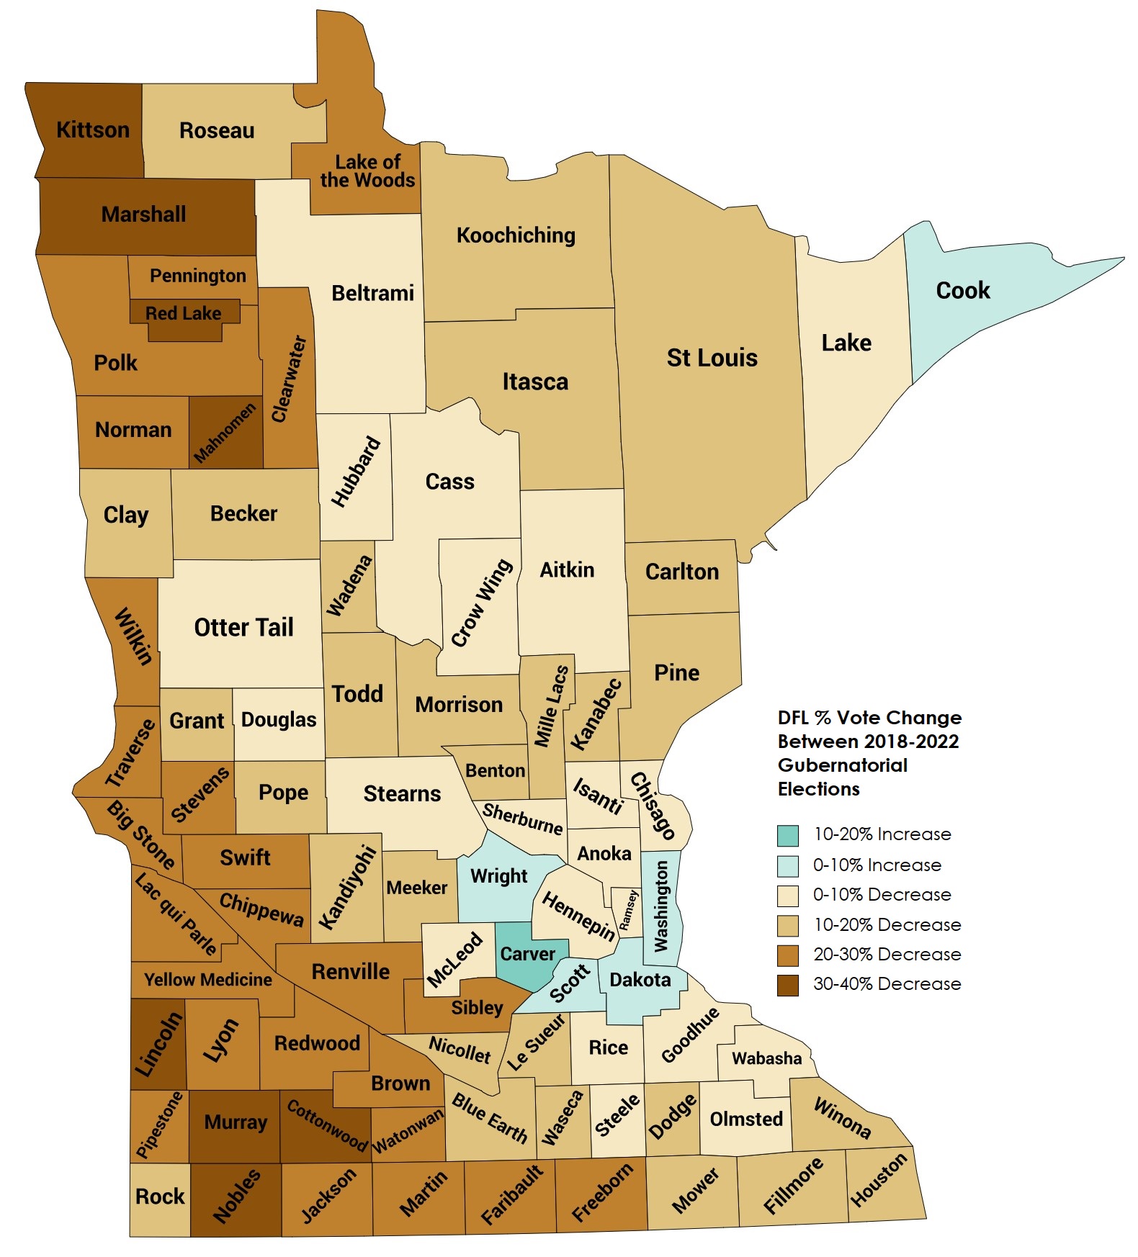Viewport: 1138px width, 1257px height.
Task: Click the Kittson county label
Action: coord(93,130)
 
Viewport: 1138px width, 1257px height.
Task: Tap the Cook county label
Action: coord(962,291)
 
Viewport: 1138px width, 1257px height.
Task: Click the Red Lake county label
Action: coord(183,313)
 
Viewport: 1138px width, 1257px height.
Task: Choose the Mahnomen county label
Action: coord(225,432)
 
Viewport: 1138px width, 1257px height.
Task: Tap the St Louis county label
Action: coord(712,358)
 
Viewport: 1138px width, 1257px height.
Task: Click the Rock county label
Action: coord(160,1197)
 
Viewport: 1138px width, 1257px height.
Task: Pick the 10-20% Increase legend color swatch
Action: coord(787,835)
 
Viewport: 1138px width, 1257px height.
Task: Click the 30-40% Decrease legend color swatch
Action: coord(787,984)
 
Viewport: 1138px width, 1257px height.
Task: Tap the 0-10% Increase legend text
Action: coord(877,865)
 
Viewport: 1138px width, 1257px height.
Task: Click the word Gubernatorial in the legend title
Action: coord(842,765)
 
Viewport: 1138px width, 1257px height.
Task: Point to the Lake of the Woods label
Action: coord(367,171)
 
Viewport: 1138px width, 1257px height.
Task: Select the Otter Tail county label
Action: coord(243,628)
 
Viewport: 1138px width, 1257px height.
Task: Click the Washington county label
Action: coord(660,906)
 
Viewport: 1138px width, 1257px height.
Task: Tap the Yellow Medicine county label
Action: coord(207,980)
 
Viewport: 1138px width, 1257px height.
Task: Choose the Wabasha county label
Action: coord(766,1058)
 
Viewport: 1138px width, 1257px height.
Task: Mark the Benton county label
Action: coord(495,771)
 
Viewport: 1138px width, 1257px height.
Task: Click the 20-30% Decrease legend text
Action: coord(887,955)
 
